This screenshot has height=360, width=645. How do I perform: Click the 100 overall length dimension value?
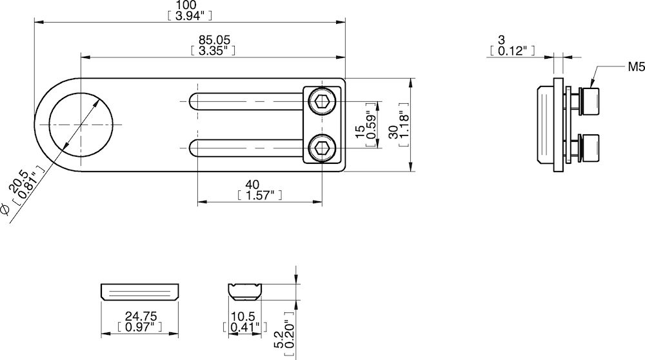[x=189, y=5]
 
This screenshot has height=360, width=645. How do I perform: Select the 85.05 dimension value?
[x=213, y=40]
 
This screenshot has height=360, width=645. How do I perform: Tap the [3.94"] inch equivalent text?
[x=189, y=15]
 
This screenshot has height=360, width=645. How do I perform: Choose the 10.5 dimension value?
[x=244, y=317]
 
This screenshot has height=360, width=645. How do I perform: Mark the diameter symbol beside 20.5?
[x=5, y=208]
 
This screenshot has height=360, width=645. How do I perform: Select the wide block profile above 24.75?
[x=139, y=292]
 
